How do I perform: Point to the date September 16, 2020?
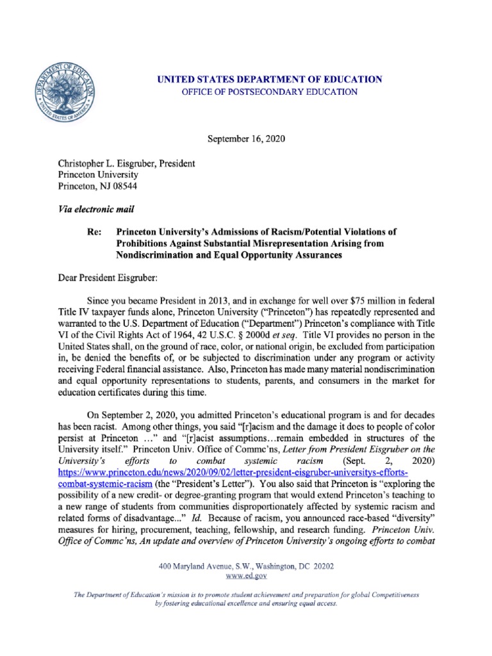[x=246, y=138]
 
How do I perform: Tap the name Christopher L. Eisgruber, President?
[x=127, y=163]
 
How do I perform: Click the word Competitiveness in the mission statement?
[x=389, y=594]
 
